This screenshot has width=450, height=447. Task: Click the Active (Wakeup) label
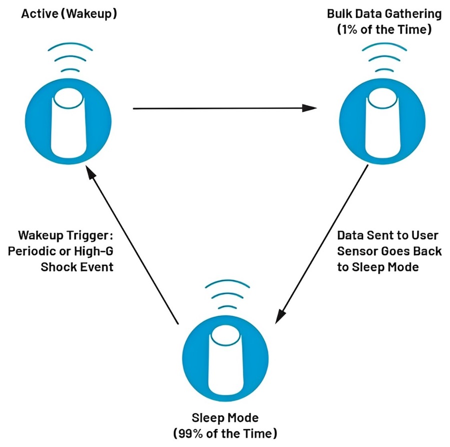click(x=69, y=14)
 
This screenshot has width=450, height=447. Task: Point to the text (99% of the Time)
click(x=225, y=432)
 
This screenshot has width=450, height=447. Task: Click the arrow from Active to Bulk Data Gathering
click(x=225, y=107)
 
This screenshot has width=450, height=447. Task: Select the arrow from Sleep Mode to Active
click(x=132, y=245)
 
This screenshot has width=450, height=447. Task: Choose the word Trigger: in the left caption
click(x=97, y=234)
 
